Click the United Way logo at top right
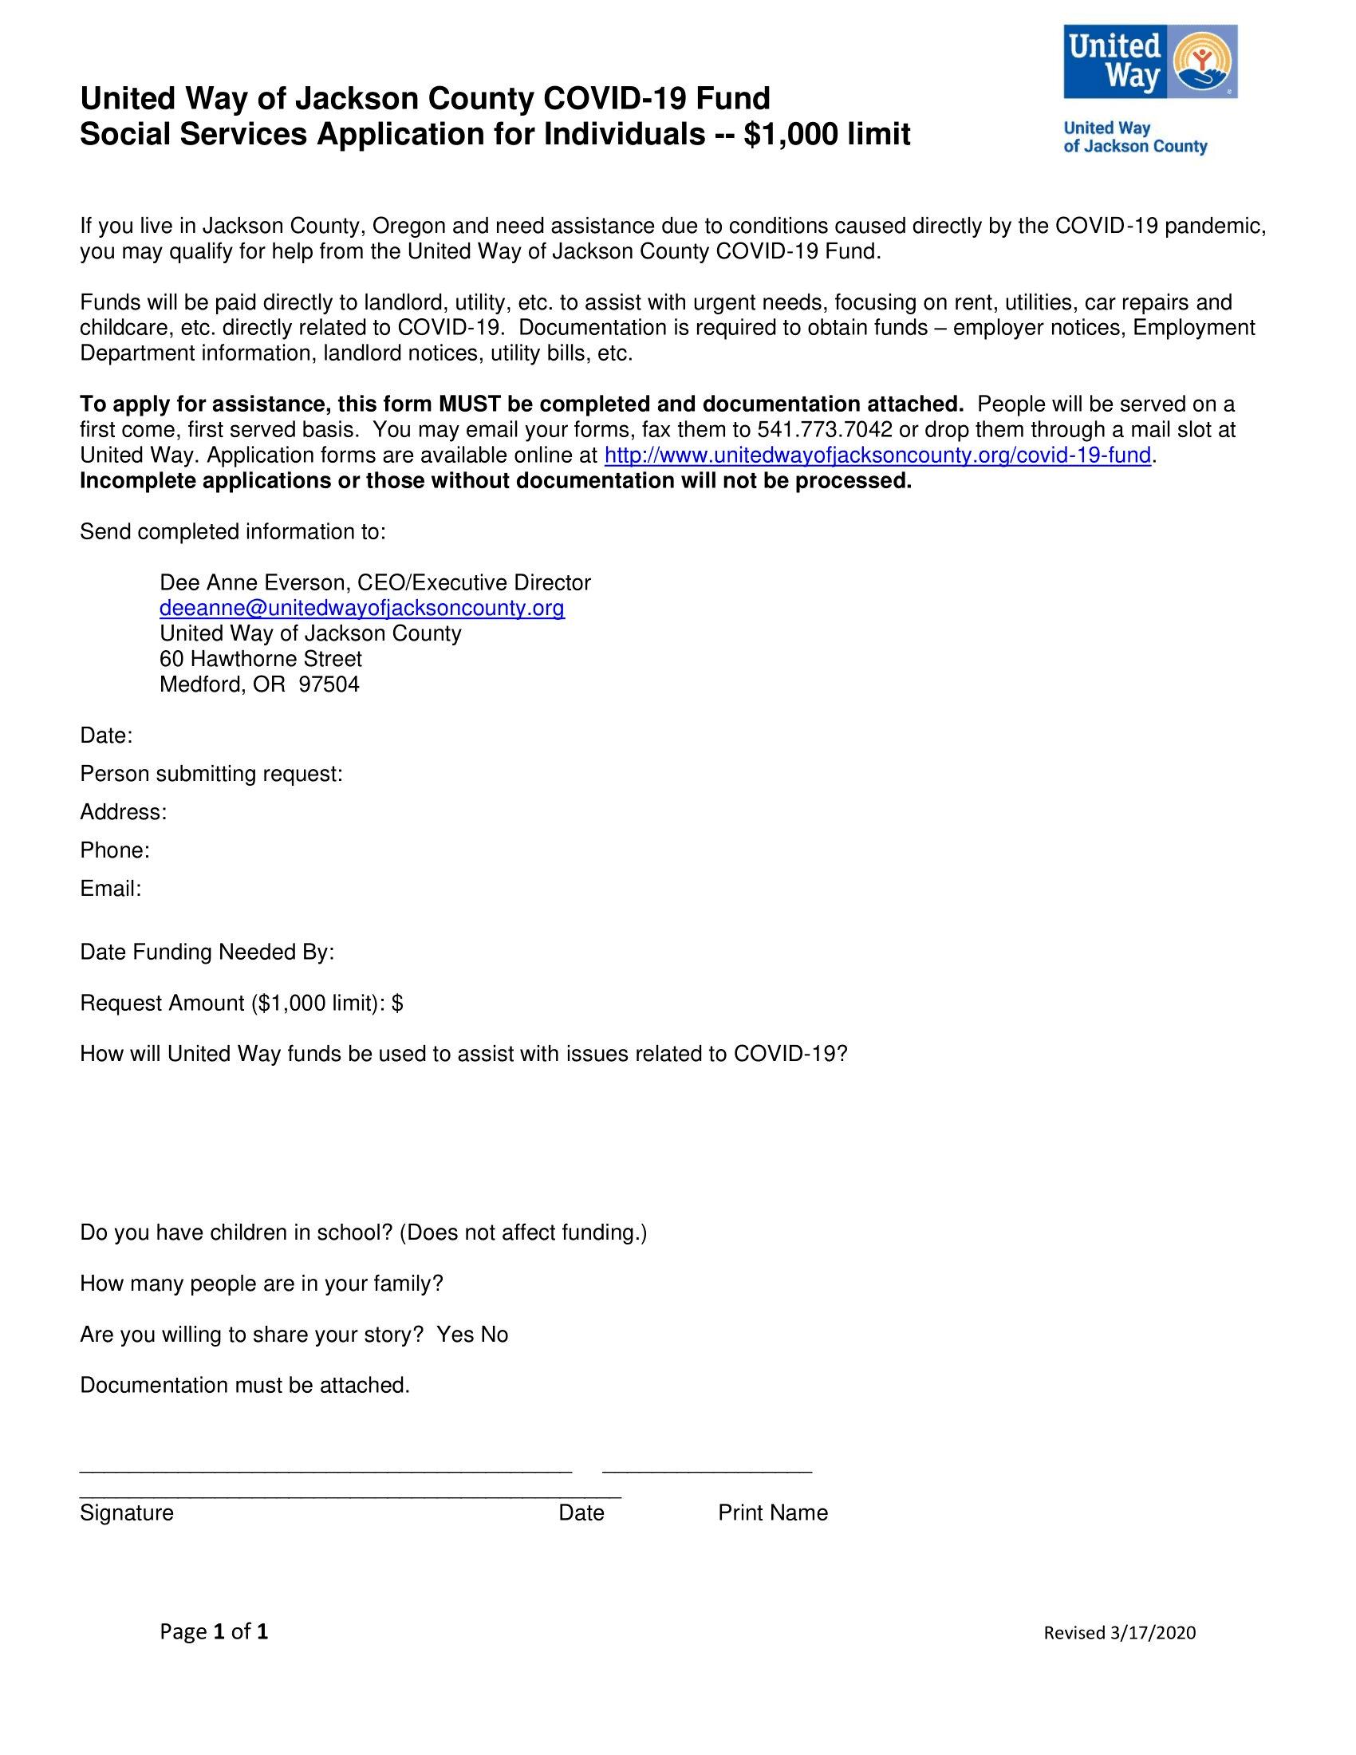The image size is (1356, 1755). click(x=1149, y=62)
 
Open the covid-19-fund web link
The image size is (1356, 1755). click(x=877, y=456)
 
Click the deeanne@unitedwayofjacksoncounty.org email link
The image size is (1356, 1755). click(x=361, y=609)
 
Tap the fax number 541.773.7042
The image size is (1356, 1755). click(x=824, y=430)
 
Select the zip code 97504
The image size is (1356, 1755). click(x=329, y=684)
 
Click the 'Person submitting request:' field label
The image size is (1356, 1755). click(x=211, y=774)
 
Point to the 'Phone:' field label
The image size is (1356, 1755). click(x=115, y=850)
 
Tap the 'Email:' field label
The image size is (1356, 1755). click(x=111, y=889)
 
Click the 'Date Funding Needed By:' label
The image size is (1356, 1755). click(x=207, y=952)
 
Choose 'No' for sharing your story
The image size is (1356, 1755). click(x=494, y=1335)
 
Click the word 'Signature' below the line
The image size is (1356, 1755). click(x=127, y=1513)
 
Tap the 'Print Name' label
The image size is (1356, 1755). click(x=773, y=1513)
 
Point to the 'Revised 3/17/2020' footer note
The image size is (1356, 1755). click(x=1119, y=1633)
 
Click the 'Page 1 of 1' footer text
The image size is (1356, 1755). click(x=214, y=1631)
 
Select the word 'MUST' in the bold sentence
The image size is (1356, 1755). click(x=469, y=404)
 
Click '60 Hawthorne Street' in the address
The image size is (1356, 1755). click(x=260, y=659)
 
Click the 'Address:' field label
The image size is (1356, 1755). click(x=124, y=812)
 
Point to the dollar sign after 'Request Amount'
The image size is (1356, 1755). click(x=398, y=1004)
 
